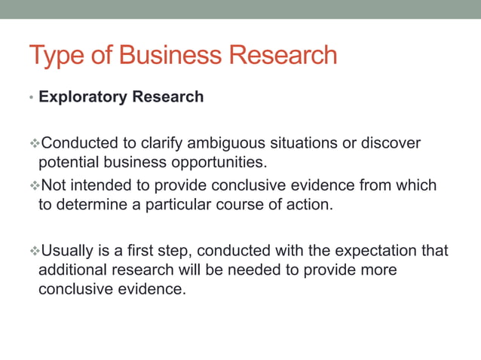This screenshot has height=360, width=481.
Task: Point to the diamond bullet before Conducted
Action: [34, 143]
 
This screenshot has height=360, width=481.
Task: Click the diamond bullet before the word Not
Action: [34, 185]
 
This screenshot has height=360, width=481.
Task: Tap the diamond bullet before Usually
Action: [34, 249]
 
